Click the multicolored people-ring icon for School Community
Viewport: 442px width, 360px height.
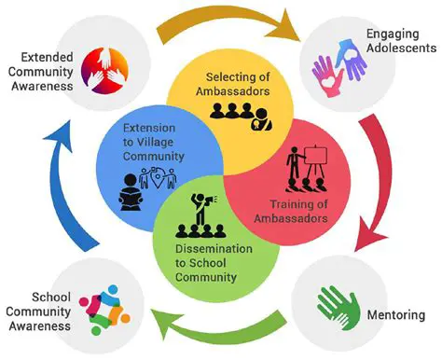pyautogui.click(x=104, y=307)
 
